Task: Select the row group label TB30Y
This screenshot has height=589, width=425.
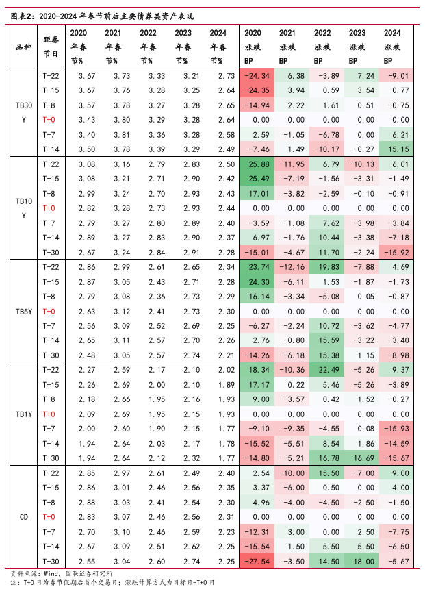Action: tap(23, 112)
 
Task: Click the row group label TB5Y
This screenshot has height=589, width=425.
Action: tap(23, 311)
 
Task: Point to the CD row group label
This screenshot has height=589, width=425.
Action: tap(23, 517)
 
